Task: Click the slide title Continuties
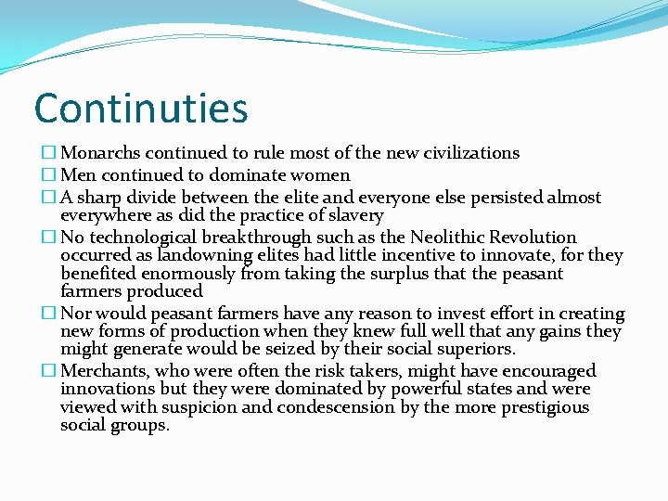tap(141, 108)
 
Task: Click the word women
tap(319, 175)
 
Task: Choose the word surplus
tap(385, 274)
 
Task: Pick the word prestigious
tap(546, 407)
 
